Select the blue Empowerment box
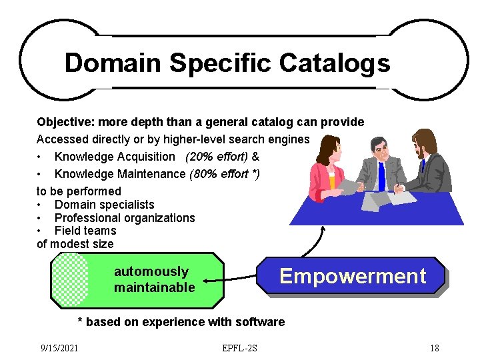(x=351, y=276)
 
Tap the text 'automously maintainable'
(x=155, y=280)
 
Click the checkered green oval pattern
(x=70, y=280)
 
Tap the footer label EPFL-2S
(x=241, y=348)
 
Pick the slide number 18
(x=434, y=348)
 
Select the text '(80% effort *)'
(x=225, y=174)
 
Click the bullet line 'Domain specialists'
(x=104, y=205)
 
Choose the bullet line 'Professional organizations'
(x=125, y=218)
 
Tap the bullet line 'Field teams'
(x=85, y=231)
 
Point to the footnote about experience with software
(x=181, y=322)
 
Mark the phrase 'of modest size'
(x=75, y=244)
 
